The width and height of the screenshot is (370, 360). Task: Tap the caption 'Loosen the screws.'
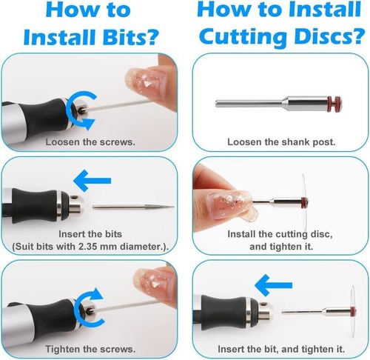coord(90,142)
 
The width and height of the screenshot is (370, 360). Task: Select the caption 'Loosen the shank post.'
coord(281,142)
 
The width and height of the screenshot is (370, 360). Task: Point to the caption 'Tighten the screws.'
coord(90,349)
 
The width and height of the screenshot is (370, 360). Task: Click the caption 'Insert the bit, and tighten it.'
coord(281,349)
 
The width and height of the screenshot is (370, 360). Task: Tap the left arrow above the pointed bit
coord(92,181)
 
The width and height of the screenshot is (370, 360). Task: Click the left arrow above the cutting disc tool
coord(273,285)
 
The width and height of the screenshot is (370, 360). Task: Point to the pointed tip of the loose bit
coord(174,207)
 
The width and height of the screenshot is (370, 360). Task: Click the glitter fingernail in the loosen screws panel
coord(146,82)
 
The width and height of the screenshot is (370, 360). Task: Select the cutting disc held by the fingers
coord(305,201)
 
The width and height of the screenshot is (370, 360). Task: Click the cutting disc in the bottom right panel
coord(353,312)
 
